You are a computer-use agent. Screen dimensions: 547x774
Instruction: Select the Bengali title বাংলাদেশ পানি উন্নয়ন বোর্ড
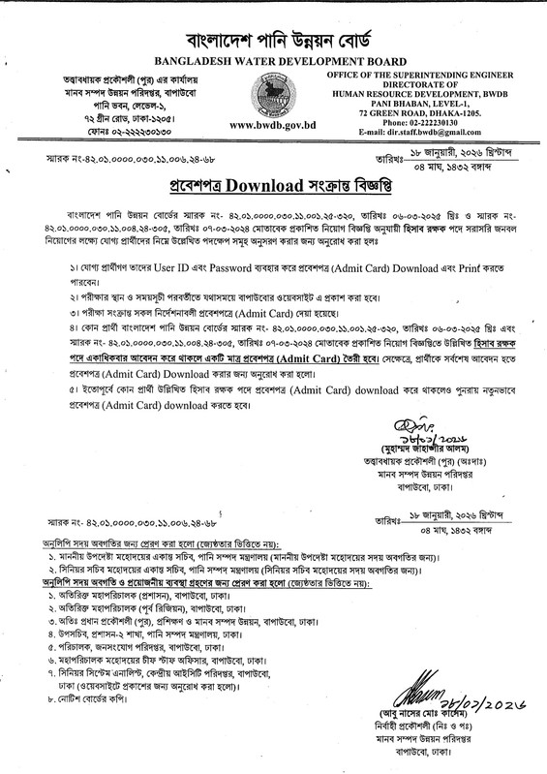(273, 28)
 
